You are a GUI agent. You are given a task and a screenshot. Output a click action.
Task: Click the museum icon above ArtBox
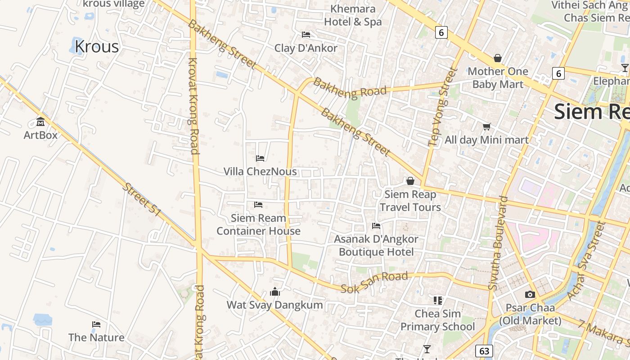[x=40, y=121]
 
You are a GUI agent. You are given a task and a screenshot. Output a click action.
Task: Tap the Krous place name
[x=96, y=46]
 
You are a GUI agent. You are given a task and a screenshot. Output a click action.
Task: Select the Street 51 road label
[x=141, y=200]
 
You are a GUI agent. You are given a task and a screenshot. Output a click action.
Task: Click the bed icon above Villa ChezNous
[x=260, y=158]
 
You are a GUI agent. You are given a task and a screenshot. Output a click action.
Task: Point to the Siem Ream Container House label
[x=258, y=225]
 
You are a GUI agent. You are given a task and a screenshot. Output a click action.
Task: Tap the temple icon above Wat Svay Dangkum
[x=274, y=292]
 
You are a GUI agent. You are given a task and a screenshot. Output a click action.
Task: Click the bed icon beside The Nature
[x=96, y=324]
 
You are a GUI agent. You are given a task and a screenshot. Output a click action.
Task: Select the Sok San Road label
[x=374, y=282]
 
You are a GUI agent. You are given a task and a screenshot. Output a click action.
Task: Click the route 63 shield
[x=484, y=351]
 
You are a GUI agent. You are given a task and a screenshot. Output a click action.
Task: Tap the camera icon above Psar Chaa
[x=530, y=294]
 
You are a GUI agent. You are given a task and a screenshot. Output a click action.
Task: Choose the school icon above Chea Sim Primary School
[x=437, y=300]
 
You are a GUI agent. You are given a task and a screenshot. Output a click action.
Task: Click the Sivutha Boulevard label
[x=498, y=243]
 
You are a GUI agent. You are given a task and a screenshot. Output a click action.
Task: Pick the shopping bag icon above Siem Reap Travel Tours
[x=410, y=181]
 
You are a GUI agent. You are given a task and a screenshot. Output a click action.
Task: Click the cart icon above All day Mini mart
[x=486, y=126]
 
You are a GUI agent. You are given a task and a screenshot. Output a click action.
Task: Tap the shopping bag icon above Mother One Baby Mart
[x=497, y=58]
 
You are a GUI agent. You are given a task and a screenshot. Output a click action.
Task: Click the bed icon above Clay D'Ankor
[x=306, y=35]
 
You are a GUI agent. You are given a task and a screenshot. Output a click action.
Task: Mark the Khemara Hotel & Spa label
[x=353, y=15]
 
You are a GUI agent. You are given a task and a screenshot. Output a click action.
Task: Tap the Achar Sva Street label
[x=586, y=261]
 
